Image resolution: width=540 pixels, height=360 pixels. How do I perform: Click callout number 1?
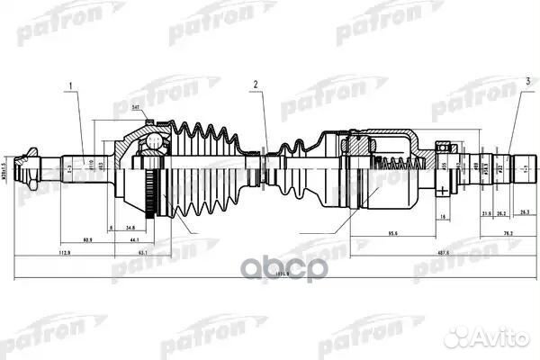pyautogui.click(x=66, y=85)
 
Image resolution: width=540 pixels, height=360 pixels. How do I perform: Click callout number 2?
pyautogui.click(x=255, y=85)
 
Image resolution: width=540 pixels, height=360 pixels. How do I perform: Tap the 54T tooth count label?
pyautogui.click(x=135, y=108)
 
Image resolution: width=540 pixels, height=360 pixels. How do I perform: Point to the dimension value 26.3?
pyautogui.click(x=525, y=212)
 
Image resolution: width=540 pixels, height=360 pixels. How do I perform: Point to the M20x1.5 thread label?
pyautogui.click(x=6, y=166)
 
